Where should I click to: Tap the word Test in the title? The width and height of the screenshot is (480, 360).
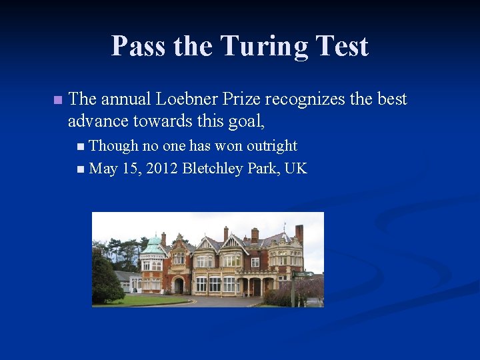click(341, 47)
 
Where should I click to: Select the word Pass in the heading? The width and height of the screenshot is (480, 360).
click(139, 47)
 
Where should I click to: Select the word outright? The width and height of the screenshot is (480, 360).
click(272, 146)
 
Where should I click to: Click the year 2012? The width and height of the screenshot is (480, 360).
click(163, 168)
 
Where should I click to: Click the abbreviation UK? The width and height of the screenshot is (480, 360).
click(295, 168)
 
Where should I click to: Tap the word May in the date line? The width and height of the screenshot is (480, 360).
click(102, 168)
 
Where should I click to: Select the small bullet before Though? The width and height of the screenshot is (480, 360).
click(81, 147)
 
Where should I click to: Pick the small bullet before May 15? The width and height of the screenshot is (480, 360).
click(81, 169)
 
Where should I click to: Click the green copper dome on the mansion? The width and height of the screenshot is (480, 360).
click(153, 245)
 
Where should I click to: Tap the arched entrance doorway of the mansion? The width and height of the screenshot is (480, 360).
click(179, 285)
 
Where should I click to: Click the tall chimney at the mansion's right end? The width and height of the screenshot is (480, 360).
click(299, 233)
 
